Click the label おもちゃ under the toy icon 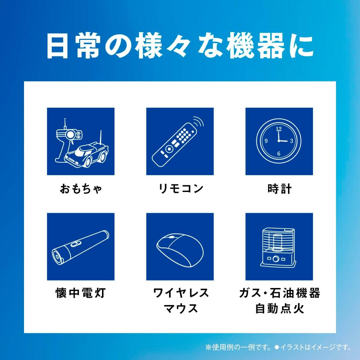point(81,189)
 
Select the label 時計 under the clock point(279,189)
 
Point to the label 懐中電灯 point(81,293)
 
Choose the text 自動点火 point(279,308)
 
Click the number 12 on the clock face point(279,129)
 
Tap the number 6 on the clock point(279,154)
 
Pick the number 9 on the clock point(266,141)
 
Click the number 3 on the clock point(291,141)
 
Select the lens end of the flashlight point(57,257)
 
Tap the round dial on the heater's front point(275,259)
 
